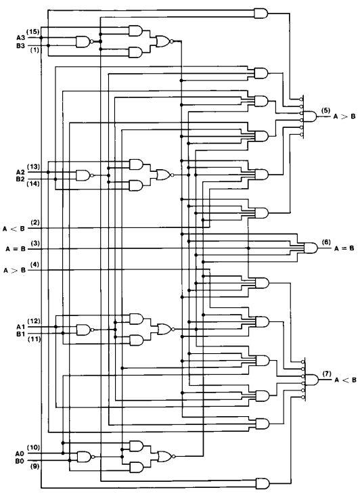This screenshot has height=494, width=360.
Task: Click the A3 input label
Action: coord(20,38)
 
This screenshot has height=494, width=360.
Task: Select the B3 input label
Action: coord(20,45)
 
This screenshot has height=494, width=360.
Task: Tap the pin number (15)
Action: coord(32,32)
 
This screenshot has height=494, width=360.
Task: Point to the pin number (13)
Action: coord(33,166)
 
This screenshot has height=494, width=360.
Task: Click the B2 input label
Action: coord(20,179)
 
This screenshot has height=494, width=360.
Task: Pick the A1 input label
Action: coord(20,327)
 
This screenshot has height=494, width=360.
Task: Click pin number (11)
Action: coord(34,339)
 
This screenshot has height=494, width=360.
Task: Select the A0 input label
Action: coord(20,453)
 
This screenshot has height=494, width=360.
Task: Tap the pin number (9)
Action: coord(35,466)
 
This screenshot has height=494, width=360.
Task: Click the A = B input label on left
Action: coord(16,249)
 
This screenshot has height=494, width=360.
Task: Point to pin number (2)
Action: coord(35,223)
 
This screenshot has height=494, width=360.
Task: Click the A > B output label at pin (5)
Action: coord(344,116)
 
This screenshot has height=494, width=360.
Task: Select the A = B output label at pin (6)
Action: coord(344,248)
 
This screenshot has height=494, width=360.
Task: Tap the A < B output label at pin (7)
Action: coord(346,380)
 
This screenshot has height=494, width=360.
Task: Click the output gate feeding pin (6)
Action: coord(311,248)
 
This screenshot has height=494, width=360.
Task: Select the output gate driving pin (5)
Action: coord(310,116)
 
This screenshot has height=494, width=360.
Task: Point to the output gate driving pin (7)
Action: coord(311,380)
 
